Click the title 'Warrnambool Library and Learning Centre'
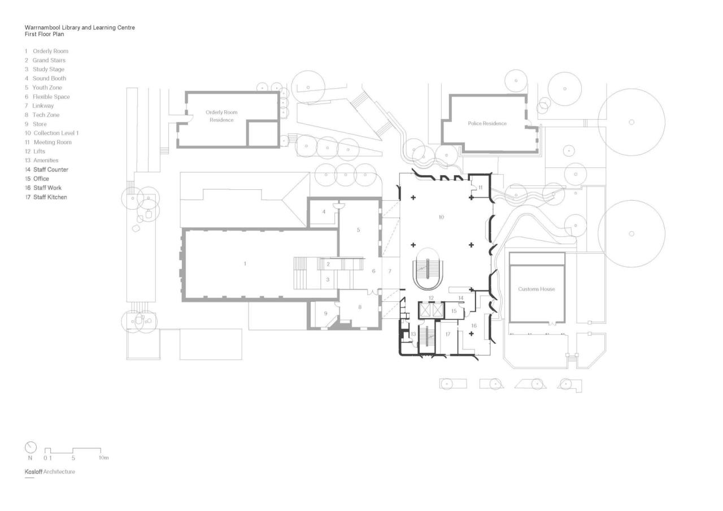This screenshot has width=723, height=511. pos(80,27)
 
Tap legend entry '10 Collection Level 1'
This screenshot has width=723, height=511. pos(51,133)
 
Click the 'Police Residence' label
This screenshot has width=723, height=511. pos(487,123)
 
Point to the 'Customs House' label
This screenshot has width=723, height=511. pos(536,289)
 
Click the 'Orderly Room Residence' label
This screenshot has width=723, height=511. pos(221,116)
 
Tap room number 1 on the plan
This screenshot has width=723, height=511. pos(245,264)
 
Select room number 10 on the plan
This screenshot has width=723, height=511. pos(441,217)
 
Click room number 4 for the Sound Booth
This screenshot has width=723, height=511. pos(324,212)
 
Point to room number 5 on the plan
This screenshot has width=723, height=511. pos(358,230)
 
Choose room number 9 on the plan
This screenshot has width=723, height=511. pos(325,314)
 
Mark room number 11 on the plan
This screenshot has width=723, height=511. pos(481,187)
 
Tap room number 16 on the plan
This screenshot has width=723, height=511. pos(473,326)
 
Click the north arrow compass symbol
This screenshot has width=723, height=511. pos(31,447)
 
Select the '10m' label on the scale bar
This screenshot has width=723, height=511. pos(103,458)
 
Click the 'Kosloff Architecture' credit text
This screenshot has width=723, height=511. pos(50,471)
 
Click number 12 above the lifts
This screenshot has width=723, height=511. pos(430,298)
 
